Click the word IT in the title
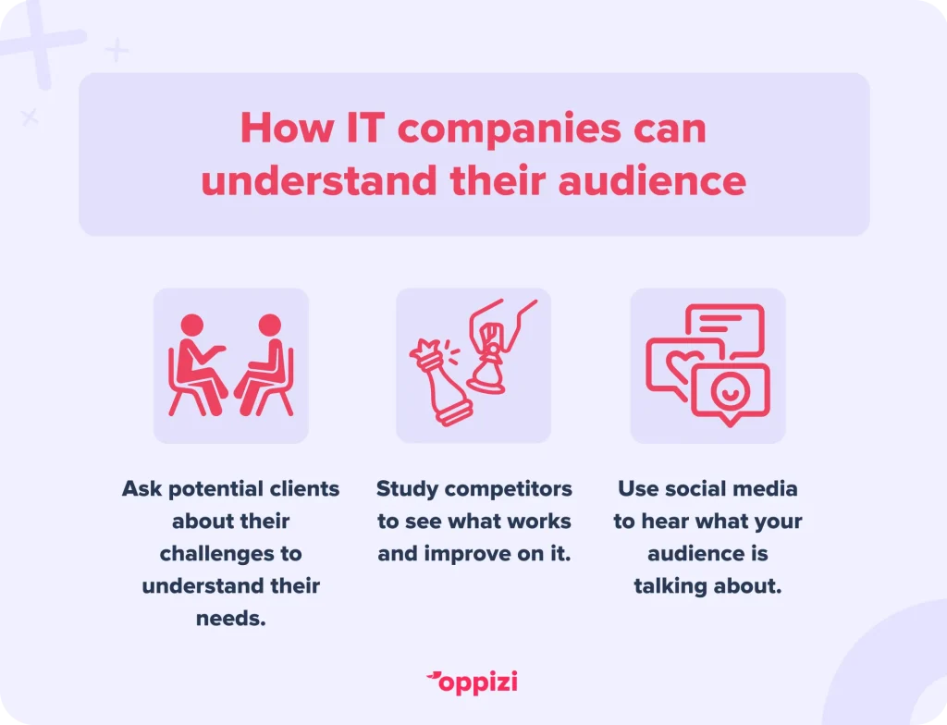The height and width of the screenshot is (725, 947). [365, 128]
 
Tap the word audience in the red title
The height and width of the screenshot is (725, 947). [652, 180]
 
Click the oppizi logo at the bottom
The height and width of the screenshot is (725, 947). [473, 682]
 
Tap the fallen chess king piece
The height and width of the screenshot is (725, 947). [438, 383]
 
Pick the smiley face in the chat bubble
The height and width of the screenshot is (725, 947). [730, 391]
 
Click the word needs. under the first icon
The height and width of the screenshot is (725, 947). [230, 618]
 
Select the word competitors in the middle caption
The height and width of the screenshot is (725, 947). [508, 489]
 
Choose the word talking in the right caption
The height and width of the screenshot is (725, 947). [670, 586]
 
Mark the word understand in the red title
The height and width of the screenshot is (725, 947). [319, 180]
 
